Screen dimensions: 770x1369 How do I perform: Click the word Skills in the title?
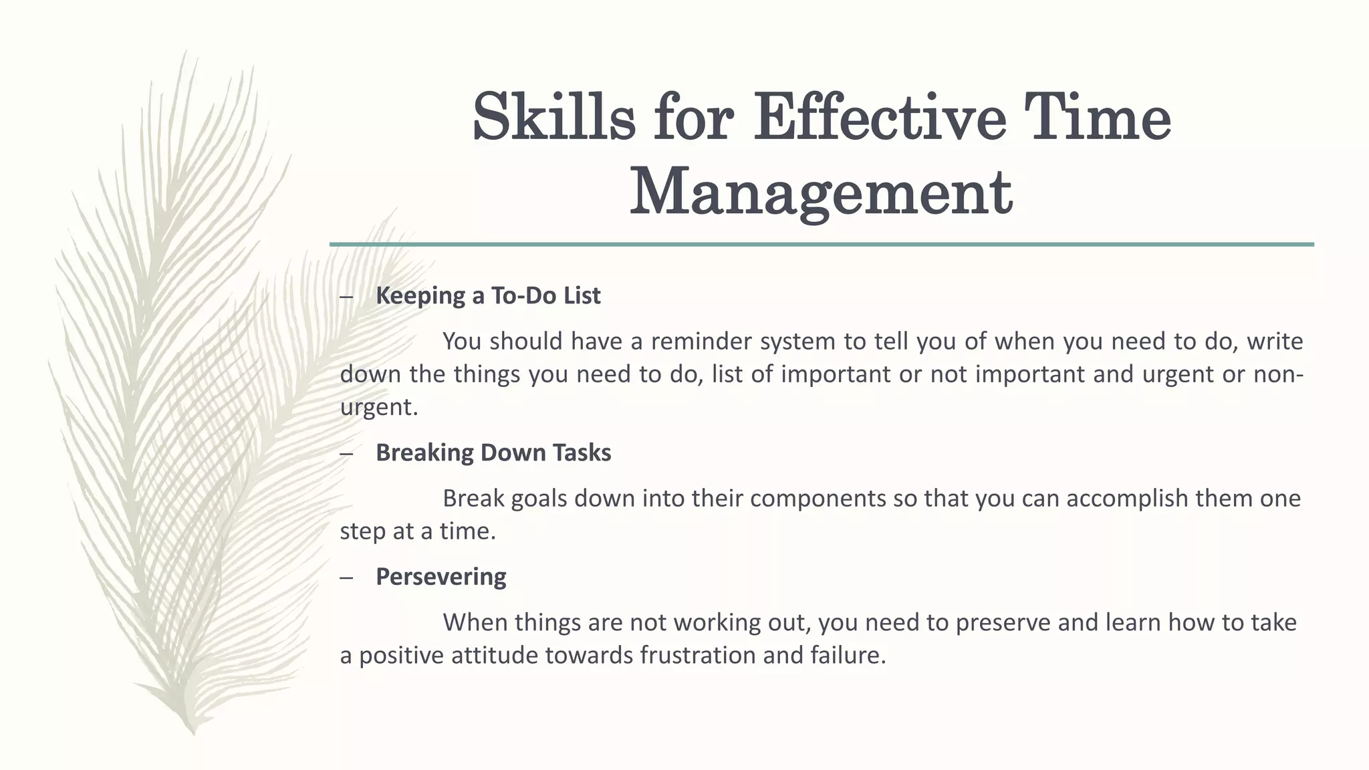click(553, 118)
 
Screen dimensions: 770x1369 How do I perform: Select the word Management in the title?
click(821, 194)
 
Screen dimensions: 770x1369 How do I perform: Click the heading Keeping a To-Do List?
click(488, 295)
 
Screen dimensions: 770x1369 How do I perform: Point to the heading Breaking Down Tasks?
click(493, 453)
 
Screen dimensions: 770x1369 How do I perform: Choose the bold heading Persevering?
click(441, 576)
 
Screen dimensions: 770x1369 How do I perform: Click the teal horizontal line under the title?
click(822, 245)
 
